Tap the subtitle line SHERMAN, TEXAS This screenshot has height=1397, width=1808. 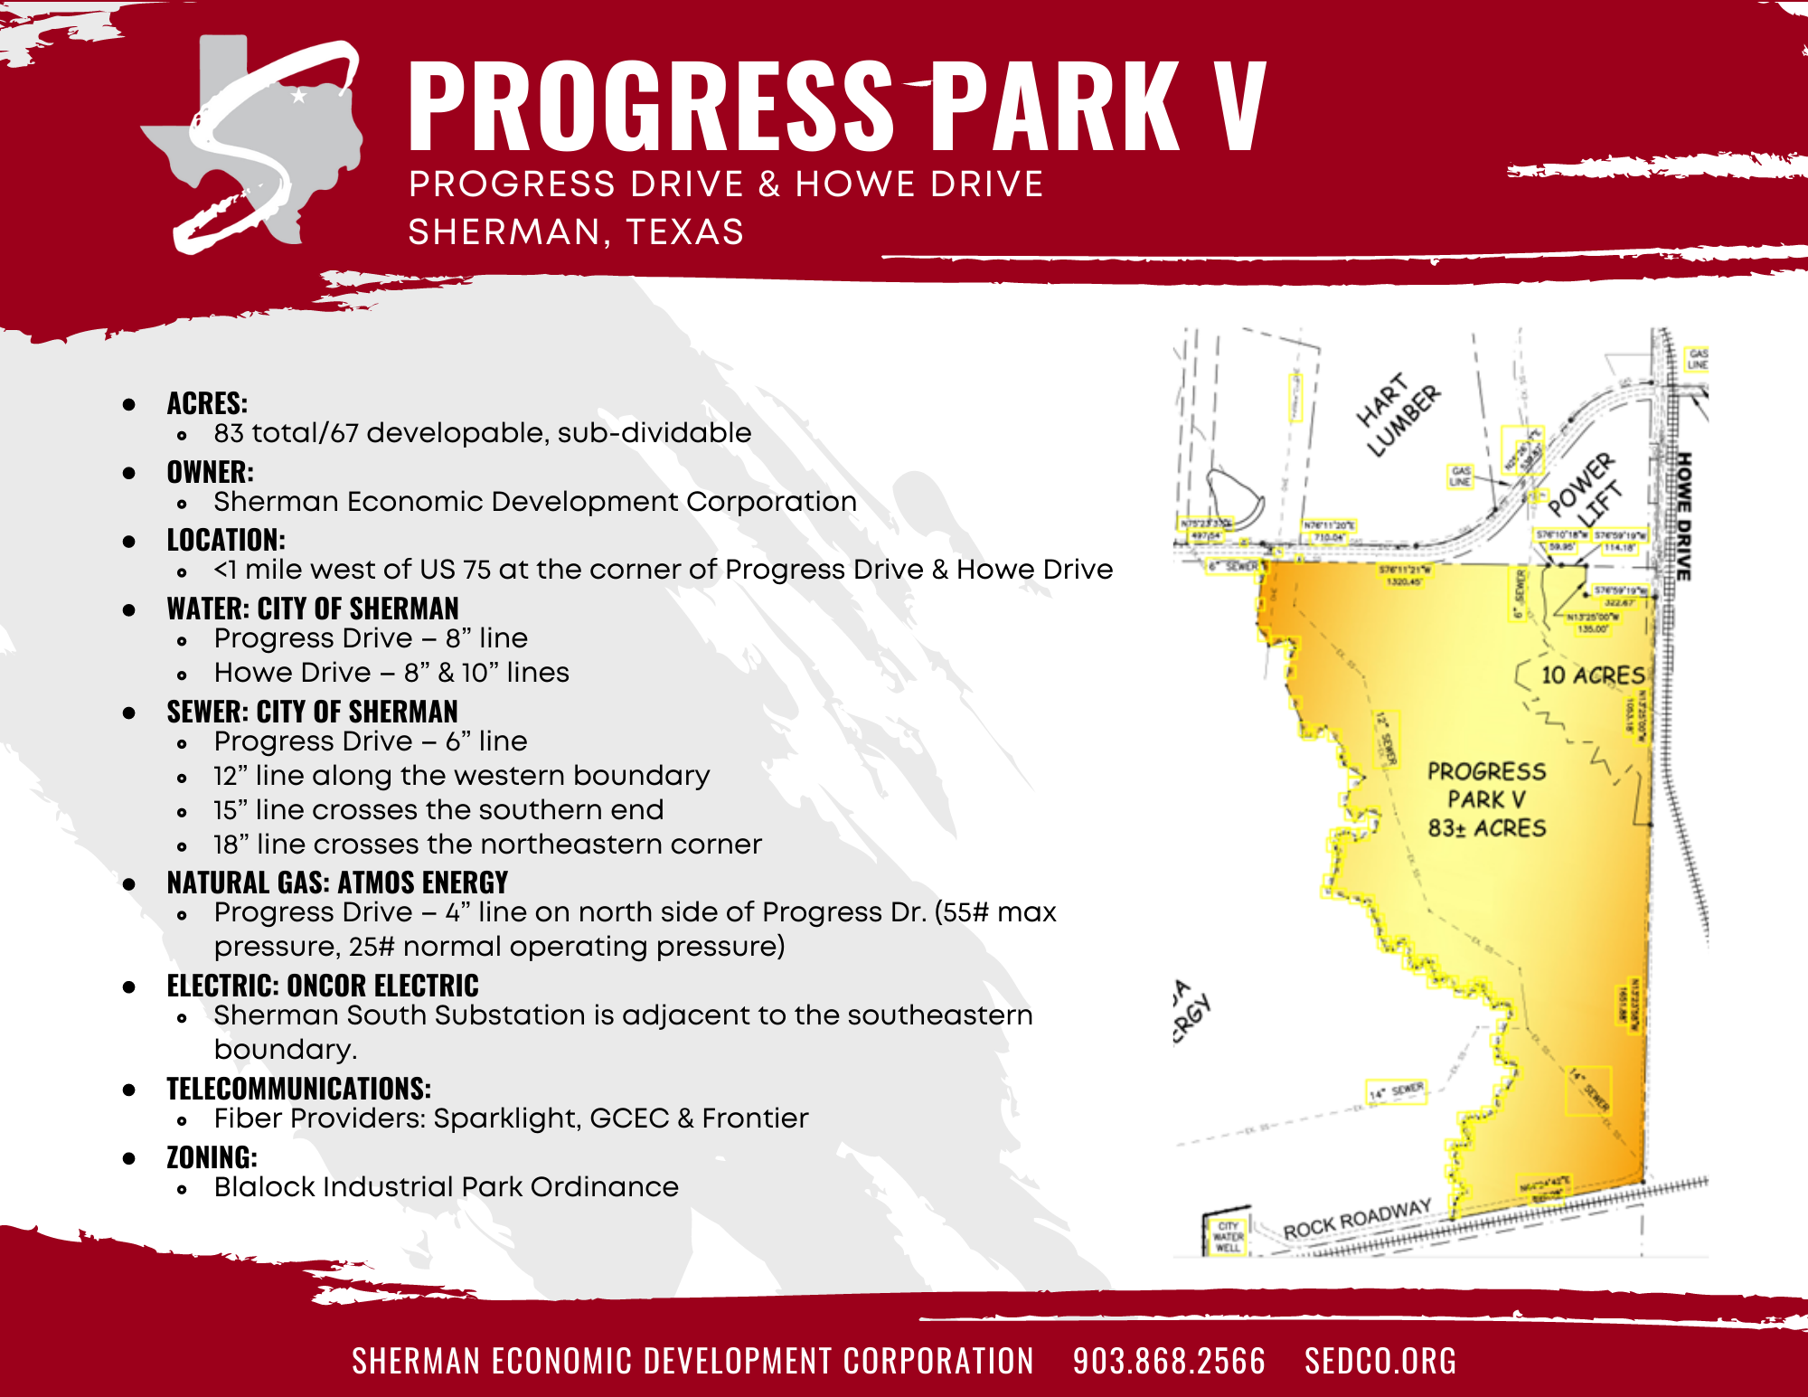(x=576, y=232)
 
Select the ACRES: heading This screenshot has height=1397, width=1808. (x=207, y=403)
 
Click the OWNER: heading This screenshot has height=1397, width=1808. (x=210, y=472)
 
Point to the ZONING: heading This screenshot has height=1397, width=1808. (x=212, y=1157)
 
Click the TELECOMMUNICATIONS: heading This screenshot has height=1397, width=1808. (x=298, y=1089)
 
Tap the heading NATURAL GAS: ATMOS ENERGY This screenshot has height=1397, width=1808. (x=337, y=883)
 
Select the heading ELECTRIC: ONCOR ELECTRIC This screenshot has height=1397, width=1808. (x=323, y=986)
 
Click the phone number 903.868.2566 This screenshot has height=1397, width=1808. (x=1169, y=1361)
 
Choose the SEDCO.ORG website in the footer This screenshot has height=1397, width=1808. (x=1380, y=1361)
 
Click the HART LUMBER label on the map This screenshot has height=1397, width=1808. (x=1398, y=414)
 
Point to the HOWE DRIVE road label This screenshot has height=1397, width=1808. (x=1683, y=515)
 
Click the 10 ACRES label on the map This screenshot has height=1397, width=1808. (x=1592, y=675)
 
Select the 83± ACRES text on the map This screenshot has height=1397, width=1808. (x=1487, y=828)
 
